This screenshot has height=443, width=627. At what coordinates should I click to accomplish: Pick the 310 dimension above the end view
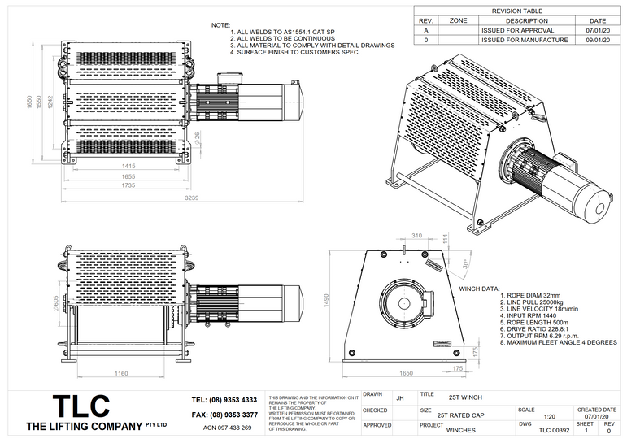pos(417,235)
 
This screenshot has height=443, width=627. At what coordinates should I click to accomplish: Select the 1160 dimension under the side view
pos(121,373)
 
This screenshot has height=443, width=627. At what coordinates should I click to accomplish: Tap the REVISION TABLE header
pos(517,11)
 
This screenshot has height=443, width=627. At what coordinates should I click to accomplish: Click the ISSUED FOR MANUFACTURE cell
pos(516,39)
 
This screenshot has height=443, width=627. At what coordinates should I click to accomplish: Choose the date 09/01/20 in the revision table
pos(598,39)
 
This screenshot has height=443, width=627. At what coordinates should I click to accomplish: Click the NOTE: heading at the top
pos(220,25)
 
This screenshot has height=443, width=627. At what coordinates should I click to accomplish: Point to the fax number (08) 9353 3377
pos(224,415)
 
